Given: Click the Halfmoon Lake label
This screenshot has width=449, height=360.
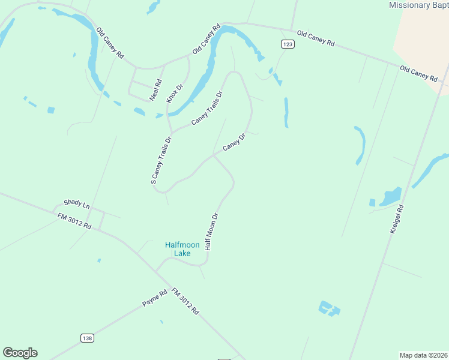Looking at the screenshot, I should (x=178, y=249).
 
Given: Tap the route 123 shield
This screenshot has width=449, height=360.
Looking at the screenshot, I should (x=288, y=44).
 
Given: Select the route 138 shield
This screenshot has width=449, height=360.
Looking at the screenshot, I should (x=87, y=338).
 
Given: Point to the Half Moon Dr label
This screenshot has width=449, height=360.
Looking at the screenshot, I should (x=211, y=231).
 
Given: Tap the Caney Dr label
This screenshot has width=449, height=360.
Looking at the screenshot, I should (x=234, y=143).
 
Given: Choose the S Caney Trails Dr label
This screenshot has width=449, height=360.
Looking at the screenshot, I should (x=161, y=160).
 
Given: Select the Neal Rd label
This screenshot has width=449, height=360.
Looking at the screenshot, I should (x=156, y=89).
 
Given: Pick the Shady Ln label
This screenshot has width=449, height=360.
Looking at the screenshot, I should (x=76, y=204).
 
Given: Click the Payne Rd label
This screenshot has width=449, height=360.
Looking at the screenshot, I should (x=154, y=298).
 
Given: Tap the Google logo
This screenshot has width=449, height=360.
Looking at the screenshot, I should (x=20, y=353).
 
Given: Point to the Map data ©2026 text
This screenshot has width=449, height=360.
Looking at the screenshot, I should (x=424, y=355).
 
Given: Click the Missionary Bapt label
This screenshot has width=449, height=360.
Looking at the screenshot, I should (x=418, y=5).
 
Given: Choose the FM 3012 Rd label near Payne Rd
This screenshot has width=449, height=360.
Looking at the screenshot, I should (x=185, y=301).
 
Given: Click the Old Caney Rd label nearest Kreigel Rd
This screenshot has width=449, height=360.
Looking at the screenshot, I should (x=418, y=73).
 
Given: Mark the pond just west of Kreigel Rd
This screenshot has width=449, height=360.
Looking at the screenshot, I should (x=390, y=196).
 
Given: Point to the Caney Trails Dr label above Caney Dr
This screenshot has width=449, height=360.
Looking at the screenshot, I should (x=207, y=108).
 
